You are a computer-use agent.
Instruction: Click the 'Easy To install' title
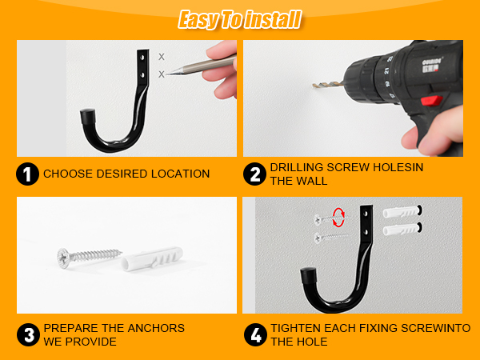[240, 19]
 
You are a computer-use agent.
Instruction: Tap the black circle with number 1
[27, 174]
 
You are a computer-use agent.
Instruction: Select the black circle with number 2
[254, 174]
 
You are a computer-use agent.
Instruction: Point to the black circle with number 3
[28, 334]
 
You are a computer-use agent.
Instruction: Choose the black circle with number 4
[256, 334]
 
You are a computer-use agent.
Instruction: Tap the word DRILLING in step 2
[296, 167]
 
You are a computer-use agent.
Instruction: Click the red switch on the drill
[432, 101]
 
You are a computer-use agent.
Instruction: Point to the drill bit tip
[314, 85]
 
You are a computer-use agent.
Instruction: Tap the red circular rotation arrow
[339, 218]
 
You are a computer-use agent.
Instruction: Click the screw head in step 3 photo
[63, 258]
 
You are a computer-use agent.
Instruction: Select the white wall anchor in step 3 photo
[153, 258]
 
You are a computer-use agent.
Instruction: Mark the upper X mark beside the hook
[162, 57]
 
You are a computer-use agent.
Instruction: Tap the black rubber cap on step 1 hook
[88, 116]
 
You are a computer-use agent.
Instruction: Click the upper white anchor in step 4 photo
[401, 212]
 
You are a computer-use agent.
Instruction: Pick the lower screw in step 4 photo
[331, 237]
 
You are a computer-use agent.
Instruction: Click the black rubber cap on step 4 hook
[309, 275]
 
